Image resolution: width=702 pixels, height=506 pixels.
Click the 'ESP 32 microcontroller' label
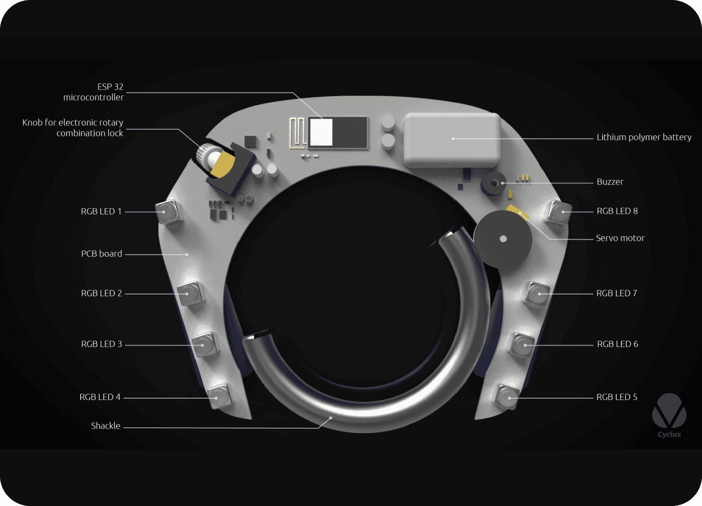tap(93, 92)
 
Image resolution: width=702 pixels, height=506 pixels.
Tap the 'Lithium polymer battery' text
tap(643, 137)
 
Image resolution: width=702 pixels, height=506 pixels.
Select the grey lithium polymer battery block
tap(452, 140)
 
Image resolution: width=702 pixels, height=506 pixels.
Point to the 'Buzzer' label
tap(610, 182)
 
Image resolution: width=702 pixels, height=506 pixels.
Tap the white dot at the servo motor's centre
tap(503, 239)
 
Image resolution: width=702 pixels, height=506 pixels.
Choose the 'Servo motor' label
tap(620, 238)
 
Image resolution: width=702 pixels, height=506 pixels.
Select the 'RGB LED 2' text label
tap(101, 294)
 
